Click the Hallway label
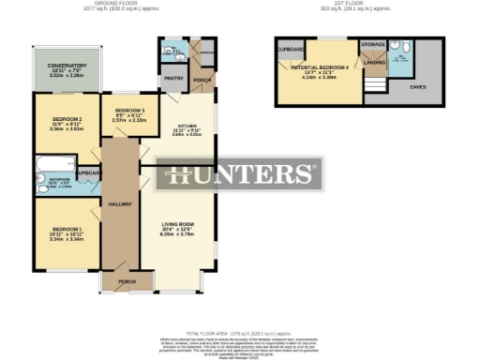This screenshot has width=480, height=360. coord(120,203)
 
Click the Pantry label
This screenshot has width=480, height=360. coord(172,80)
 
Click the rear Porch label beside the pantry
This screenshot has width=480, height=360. coord(199,80)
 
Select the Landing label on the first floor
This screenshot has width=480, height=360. coord(375,64)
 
